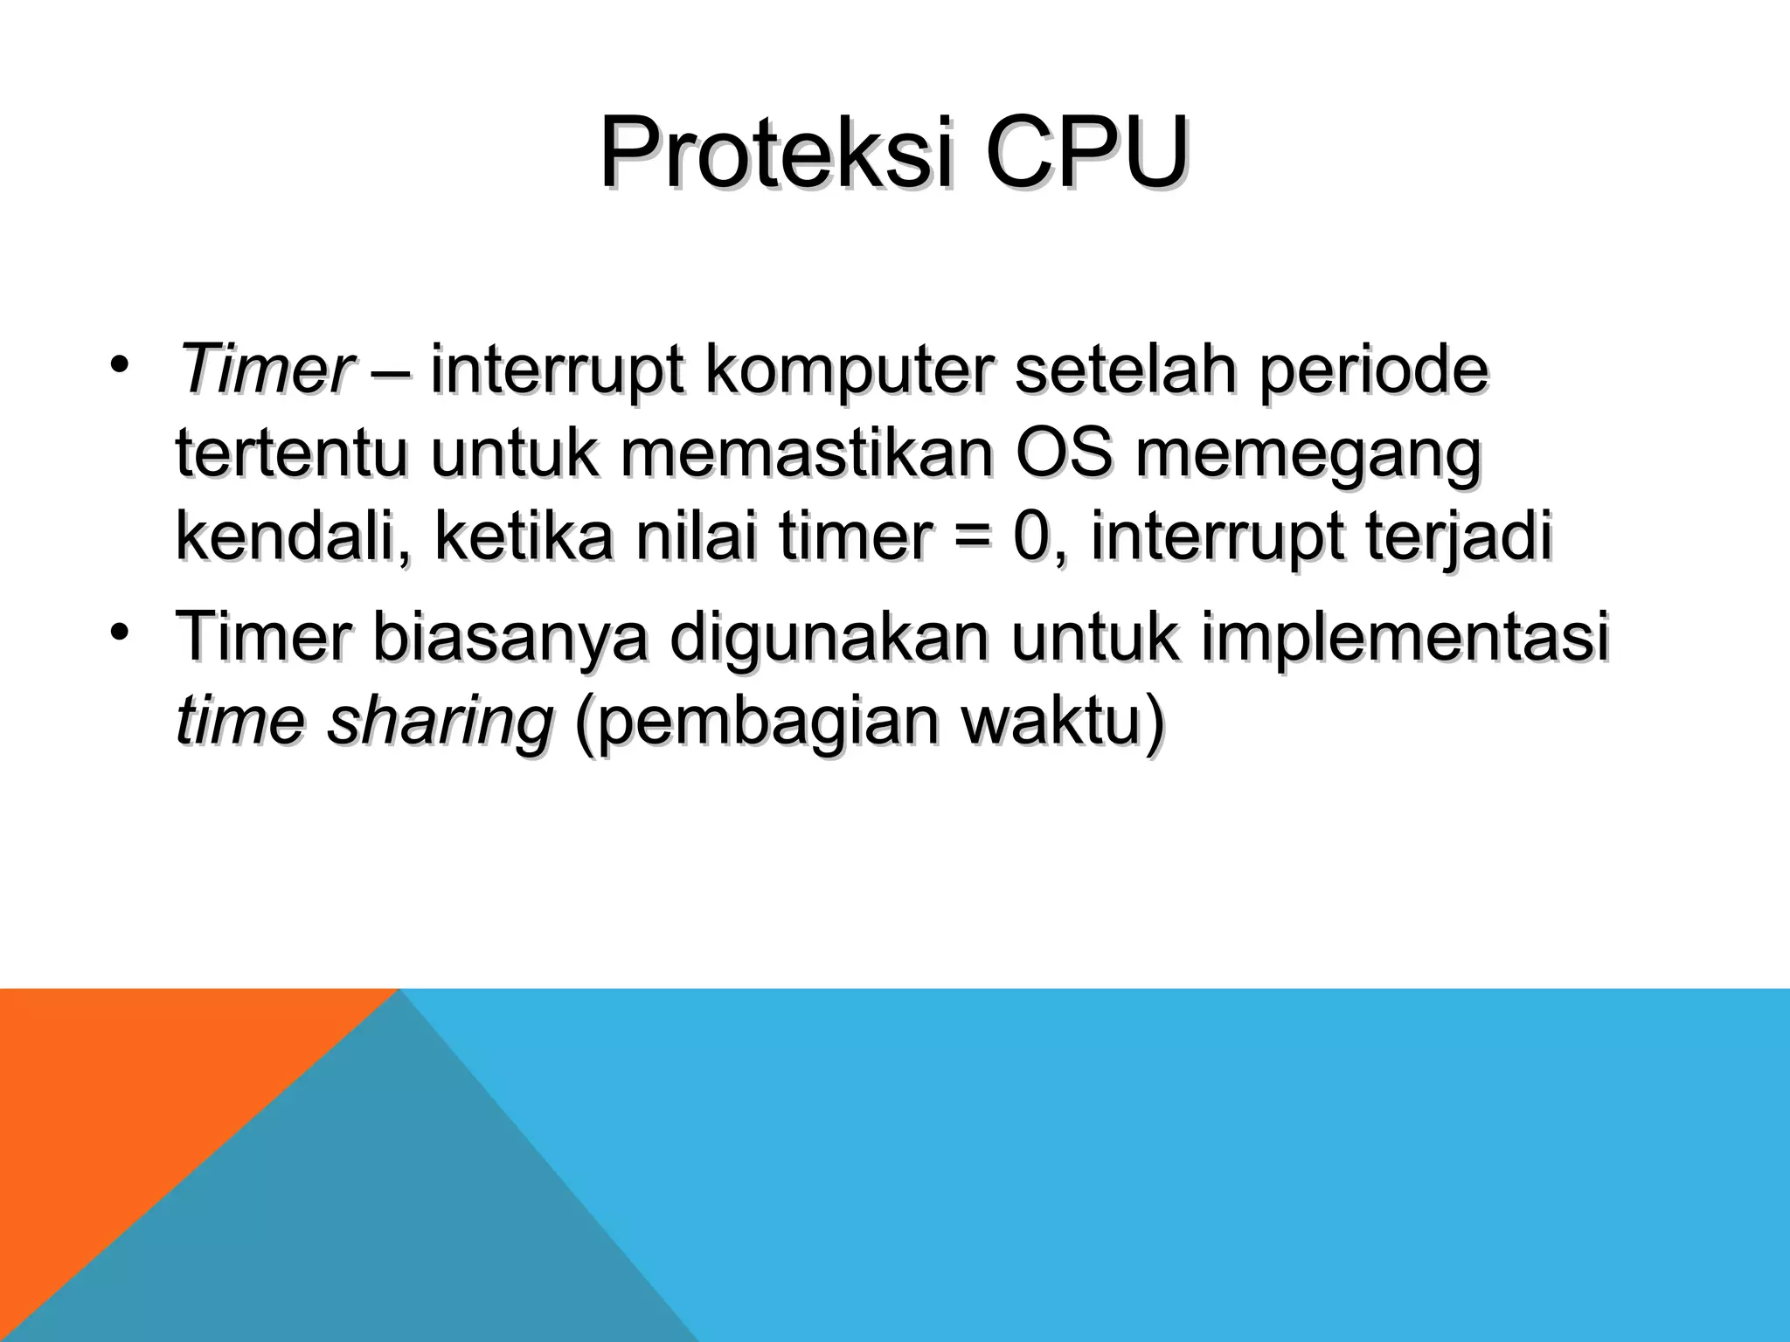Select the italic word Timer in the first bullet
point(264,370)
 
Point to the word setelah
point(1125,370)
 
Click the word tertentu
point(291,454)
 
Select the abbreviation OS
point(1064,454)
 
